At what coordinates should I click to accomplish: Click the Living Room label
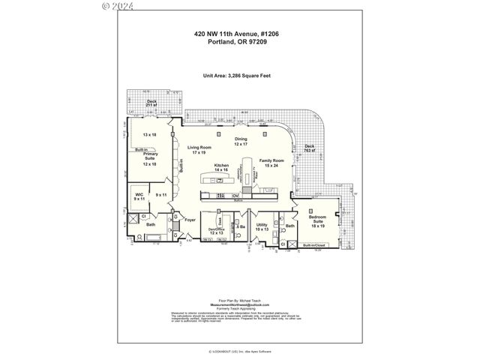click(199, 150)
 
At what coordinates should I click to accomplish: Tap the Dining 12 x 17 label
click(240, 142)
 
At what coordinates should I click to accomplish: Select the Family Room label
click(271, 163)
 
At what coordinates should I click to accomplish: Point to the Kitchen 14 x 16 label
click(221, 167)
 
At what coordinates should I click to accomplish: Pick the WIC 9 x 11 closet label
click(139, 196)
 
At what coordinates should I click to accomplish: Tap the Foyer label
click(190, 220)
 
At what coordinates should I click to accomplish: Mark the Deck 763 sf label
click(309, 148)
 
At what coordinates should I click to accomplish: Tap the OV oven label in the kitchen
click(224, 196)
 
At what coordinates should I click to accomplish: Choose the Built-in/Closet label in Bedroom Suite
click(314, 245)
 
